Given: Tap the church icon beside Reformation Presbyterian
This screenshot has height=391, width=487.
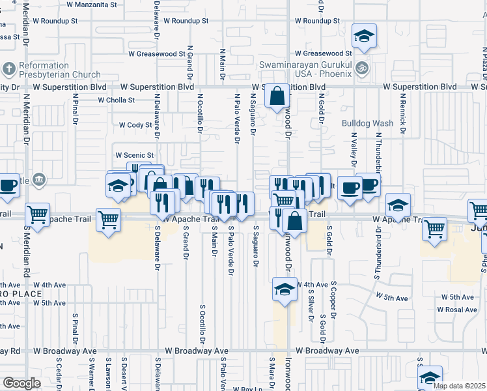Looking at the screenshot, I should tap(9, 68).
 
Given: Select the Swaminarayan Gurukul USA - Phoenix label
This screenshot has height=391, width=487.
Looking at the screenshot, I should tap(305, 69).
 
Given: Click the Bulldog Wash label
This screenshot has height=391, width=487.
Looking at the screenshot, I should tap(368, 123).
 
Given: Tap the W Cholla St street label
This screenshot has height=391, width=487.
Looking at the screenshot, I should tap(116, 100).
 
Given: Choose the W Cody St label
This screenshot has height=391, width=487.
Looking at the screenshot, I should tap(135, 125).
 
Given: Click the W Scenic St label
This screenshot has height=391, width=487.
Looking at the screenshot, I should tap(133, 155).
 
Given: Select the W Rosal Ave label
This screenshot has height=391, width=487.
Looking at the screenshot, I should tap(458, 310).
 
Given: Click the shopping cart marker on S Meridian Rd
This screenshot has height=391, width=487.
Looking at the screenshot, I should tap(38, 213).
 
